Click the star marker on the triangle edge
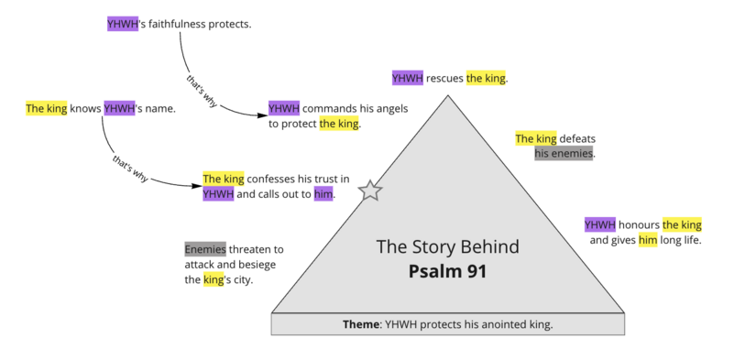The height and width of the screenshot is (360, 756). click(370, 191)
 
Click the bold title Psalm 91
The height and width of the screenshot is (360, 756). click(448, 271)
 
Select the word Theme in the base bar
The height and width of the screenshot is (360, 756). click(361, 324)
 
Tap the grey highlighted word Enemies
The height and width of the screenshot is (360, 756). click(205, 249)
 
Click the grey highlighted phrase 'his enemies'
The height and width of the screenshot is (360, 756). click(564, 154)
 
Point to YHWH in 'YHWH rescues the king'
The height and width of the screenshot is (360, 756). click(408, 79)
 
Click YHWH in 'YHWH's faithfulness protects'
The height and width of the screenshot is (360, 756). click(122, 24)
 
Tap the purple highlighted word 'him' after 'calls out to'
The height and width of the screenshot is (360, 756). click(323, 193)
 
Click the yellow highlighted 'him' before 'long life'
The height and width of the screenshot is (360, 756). click(648, 240)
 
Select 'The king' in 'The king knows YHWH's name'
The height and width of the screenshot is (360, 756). click(46, 109)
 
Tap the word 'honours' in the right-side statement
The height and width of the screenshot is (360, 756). click(639, 224)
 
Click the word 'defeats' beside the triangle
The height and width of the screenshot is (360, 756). click(576, 139)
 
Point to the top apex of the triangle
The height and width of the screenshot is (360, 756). click(448, 94)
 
